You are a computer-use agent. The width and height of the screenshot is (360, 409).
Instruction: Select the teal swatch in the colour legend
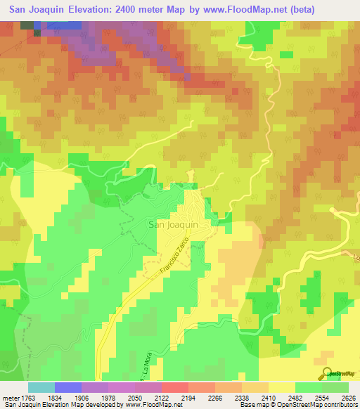point(41,387)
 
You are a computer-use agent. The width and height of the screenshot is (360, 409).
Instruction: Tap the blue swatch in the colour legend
point(67,387)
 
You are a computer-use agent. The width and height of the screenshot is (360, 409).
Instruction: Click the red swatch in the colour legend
point(174,387)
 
